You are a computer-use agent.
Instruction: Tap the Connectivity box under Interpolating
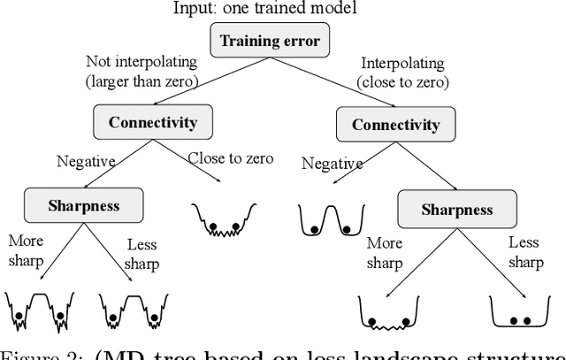(396, 125)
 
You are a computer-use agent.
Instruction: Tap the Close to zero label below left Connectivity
(230, 158)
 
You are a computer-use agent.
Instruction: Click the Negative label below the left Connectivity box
(87, 161)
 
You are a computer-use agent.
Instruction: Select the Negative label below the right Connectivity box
(332, 163)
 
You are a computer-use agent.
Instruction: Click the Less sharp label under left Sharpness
(142, 255)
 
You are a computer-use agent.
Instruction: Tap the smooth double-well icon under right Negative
(332, 221)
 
